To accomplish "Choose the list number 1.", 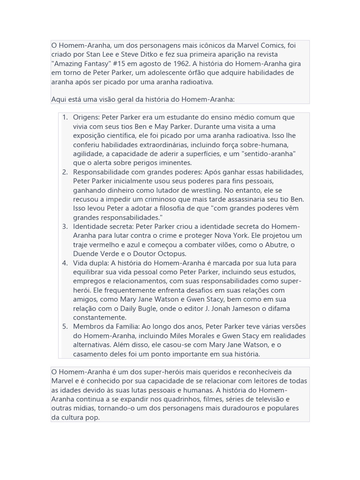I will pyautogui.click(x=65, y=117).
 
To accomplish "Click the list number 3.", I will pyautogui.click(x=65, y=226).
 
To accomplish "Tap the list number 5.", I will pyautogui.click(x=65, y=326).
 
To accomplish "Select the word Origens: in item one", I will pyautogui.click(x=86, y=117).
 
